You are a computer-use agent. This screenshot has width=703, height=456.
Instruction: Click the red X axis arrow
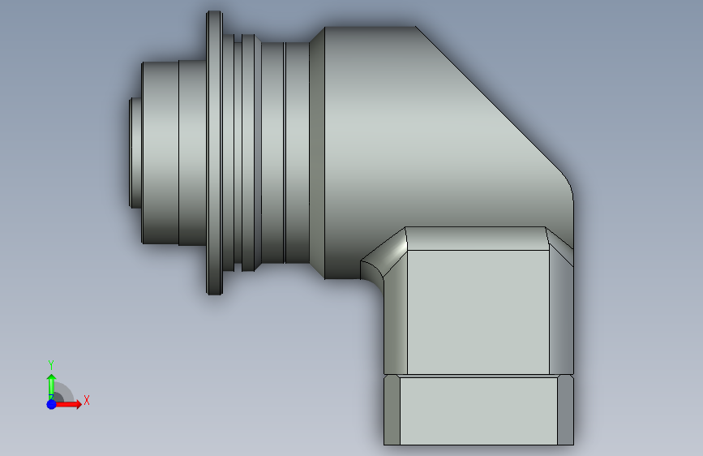point(67,404)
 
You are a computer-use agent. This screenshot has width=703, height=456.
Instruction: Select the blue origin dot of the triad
point(52,404)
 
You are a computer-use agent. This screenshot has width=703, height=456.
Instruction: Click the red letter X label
point(87,400)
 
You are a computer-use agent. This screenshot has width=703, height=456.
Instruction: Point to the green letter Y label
point(51,364)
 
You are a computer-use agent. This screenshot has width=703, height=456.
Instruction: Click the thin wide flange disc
point(214,153)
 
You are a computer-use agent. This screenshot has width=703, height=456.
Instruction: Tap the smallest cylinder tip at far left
point(135,153)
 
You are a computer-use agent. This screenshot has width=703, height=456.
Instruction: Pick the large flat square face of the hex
point(478,312)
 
